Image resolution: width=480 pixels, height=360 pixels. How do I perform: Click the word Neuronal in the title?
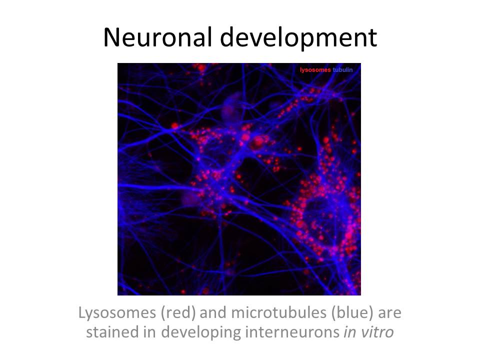[x=157, y=37]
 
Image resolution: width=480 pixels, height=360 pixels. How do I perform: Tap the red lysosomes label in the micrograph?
[x=315, y=70]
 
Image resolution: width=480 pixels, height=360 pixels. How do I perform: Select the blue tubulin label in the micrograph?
[x=342, y=70]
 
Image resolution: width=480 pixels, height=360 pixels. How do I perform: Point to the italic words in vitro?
[x=368, y=332]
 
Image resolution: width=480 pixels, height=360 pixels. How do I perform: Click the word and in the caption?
[x=213, y=313]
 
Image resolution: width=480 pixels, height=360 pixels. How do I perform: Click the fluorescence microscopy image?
[x=239, y=179]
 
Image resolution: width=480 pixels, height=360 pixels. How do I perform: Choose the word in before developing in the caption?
[x=149, y=332]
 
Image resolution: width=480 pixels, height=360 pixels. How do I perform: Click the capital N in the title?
[x=111, y=37]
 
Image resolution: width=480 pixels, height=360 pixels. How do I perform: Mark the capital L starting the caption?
[x=82, y=312]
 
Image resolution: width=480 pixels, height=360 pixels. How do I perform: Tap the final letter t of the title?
[x=372, y=39]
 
